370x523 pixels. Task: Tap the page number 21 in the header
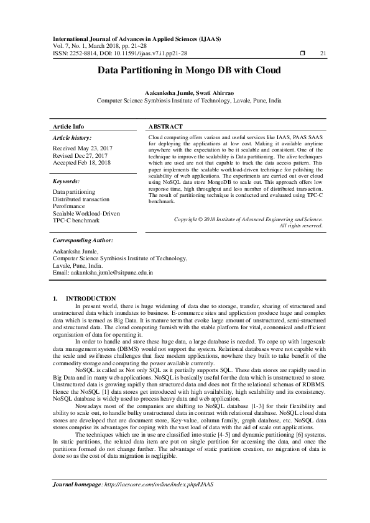pyautogui.click(x=323, y=53)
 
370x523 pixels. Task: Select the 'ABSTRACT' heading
pyautogui.click(x=165, y=126)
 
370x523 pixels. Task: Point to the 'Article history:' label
pyautogui.click(x=72, y=137)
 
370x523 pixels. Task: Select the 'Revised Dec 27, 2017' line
pyautogui.click(x=80, y=156)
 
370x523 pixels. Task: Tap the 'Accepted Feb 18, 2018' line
pyautogui.click(x=81, y=163)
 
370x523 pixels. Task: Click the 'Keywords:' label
pyautogui.click(x=67, y=181)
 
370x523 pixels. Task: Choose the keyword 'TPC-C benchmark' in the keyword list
pyautogui.click(x=76, y=220)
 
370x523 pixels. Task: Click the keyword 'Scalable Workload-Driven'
pyautogui.click(x=86, y=213)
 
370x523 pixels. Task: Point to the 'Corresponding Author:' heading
pyautogui.click(x=83, y=240)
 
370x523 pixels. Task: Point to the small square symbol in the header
pyautogui.click(x=302, y=53)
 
